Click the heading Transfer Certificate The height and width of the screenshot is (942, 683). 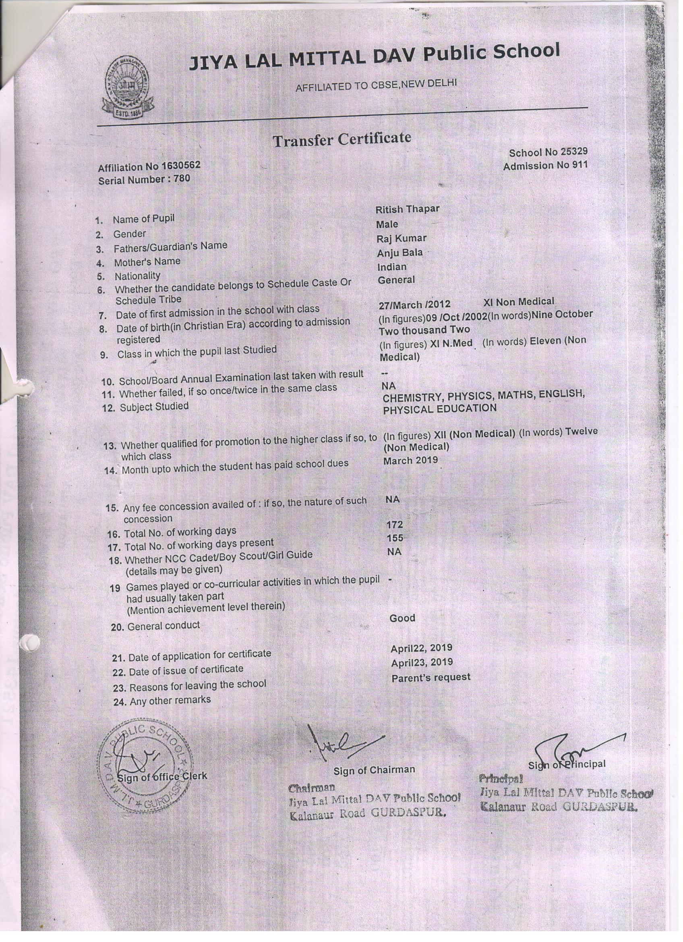[x=342, y=139]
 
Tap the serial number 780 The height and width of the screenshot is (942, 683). [x=182, y=179]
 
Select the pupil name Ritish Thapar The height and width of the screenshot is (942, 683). [x=407, y=210]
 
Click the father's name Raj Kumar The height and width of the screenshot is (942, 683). [x=401, y=239]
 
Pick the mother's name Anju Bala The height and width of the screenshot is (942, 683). [x=399, y=253]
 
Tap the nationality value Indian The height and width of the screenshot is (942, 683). [x=391, y=267]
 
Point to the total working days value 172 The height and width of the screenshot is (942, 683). [x=394, y=525]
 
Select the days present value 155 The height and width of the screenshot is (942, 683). [x=394, y=538]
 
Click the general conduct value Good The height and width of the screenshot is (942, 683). [x=402, y=618]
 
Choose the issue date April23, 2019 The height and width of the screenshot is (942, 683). [x=421, y=662]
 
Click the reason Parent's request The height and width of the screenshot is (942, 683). [x=430, y=677]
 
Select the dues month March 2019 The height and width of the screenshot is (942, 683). [x=410, y=461]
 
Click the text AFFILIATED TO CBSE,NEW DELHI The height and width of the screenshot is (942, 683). [x=376, y=85]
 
